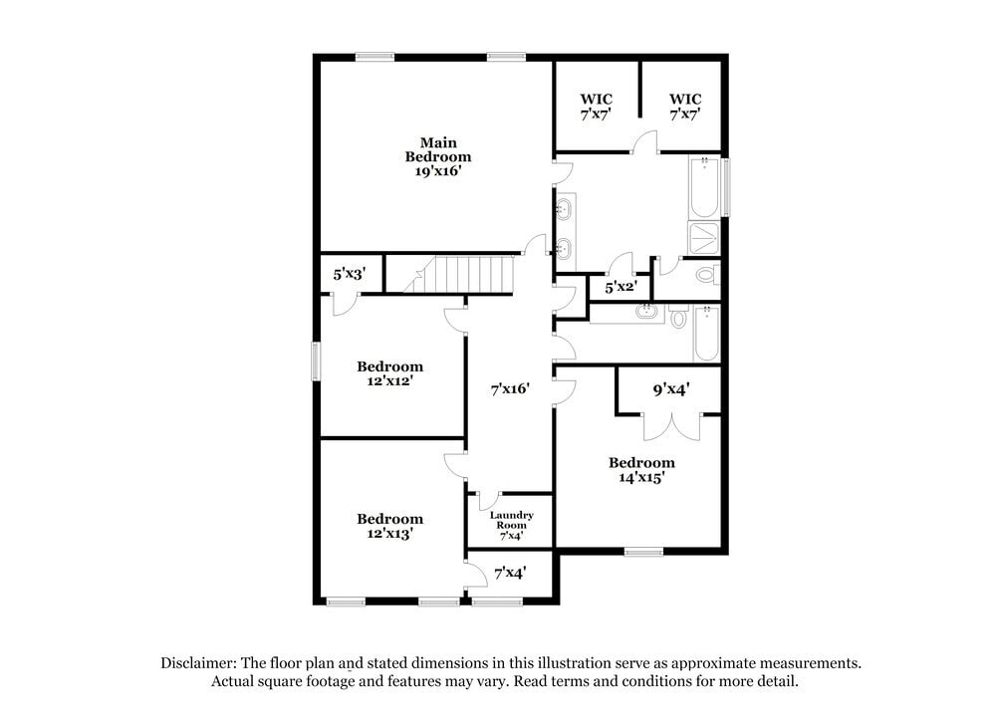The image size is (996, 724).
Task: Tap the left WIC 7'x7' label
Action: (596, 107)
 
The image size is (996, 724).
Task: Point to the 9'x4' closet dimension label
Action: (671, 390)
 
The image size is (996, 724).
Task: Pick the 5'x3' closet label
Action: (349, 273)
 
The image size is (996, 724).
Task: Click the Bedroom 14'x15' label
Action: (641, 469)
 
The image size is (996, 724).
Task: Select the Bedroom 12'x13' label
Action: (389, 526)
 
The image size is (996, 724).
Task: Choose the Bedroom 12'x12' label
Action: (389, 373)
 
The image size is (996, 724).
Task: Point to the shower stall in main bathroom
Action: (705, 239)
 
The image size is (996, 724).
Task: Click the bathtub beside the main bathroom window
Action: (704, 188)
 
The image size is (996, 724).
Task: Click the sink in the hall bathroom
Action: (648, 311)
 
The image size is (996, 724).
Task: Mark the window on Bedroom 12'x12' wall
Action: (317, 361)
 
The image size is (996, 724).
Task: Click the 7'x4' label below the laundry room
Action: (509, 573)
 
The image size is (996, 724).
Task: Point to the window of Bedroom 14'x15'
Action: (643, 550)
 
